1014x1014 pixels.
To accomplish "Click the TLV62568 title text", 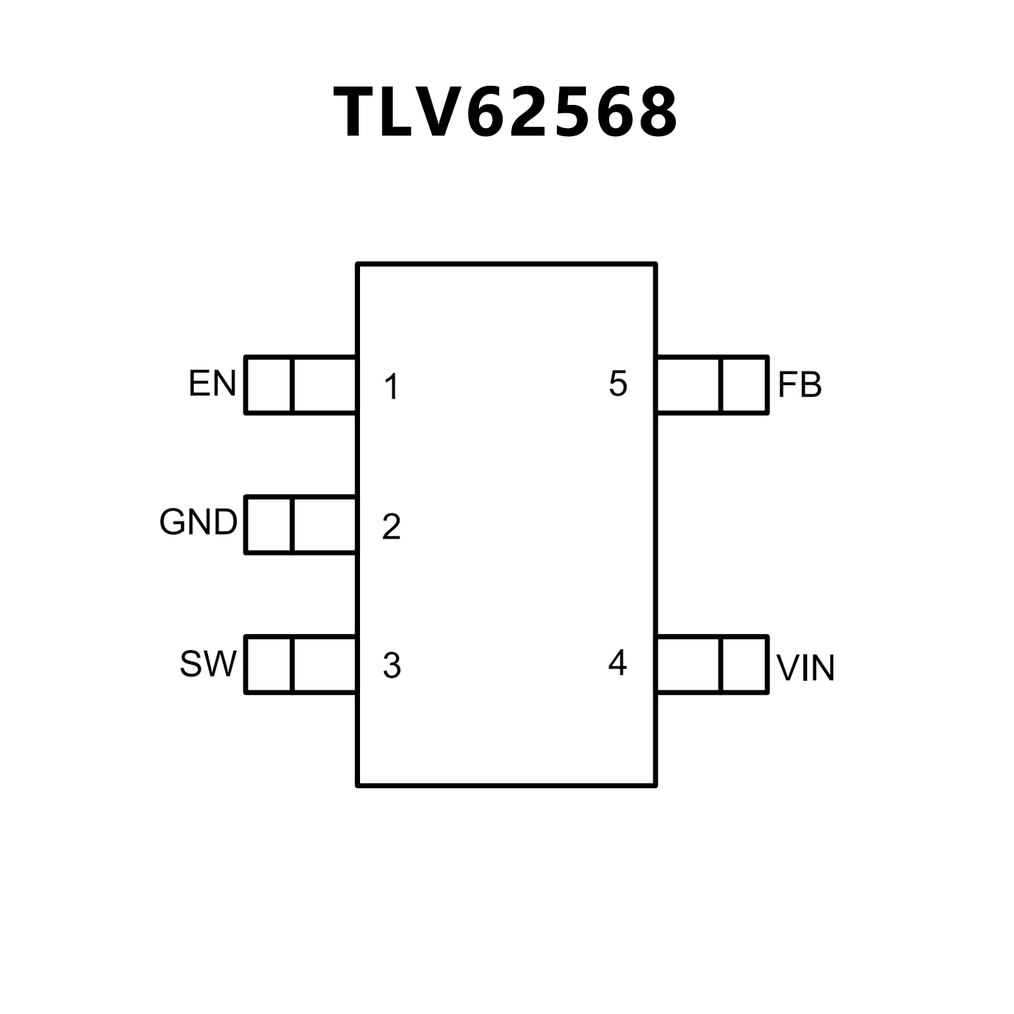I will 506,112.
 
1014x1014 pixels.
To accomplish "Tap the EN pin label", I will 212,384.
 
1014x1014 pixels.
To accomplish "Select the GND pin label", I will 198,523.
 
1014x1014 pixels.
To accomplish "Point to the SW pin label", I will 207,665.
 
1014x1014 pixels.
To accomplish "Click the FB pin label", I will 799,385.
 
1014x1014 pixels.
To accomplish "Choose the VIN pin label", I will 805,668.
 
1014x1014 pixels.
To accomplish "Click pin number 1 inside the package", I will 392,387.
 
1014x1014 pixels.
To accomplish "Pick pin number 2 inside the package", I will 391,526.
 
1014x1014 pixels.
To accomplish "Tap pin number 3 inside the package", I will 392,666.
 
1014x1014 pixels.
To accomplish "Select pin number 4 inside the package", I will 617,663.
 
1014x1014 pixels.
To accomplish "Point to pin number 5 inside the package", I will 618,384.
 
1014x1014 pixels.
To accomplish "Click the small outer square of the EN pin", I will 268,385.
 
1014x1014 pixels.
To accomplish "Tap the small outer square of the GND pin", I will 268,525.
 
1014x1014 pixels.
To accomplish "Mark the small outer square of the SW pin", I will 268,665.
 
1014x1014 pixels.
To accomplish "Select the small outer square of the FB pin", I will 744,385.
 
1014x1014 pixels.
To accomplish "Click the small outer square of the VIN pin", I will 744,665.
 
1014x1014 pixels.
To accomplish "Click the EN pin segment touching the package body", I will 324,385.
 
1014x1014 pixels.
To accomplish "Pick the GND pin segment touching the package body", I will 324,525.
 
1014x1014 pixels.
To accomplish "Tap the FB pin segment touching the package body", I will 688,385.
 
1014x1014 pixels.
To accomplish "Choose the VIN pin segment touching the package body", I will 688,665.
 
